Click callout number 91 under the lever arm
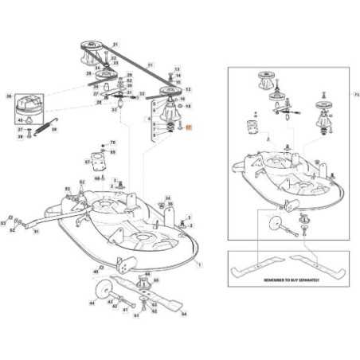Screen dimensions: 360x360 point(36,232)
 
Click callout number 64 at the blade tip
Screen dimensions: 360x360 point(184,313)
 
